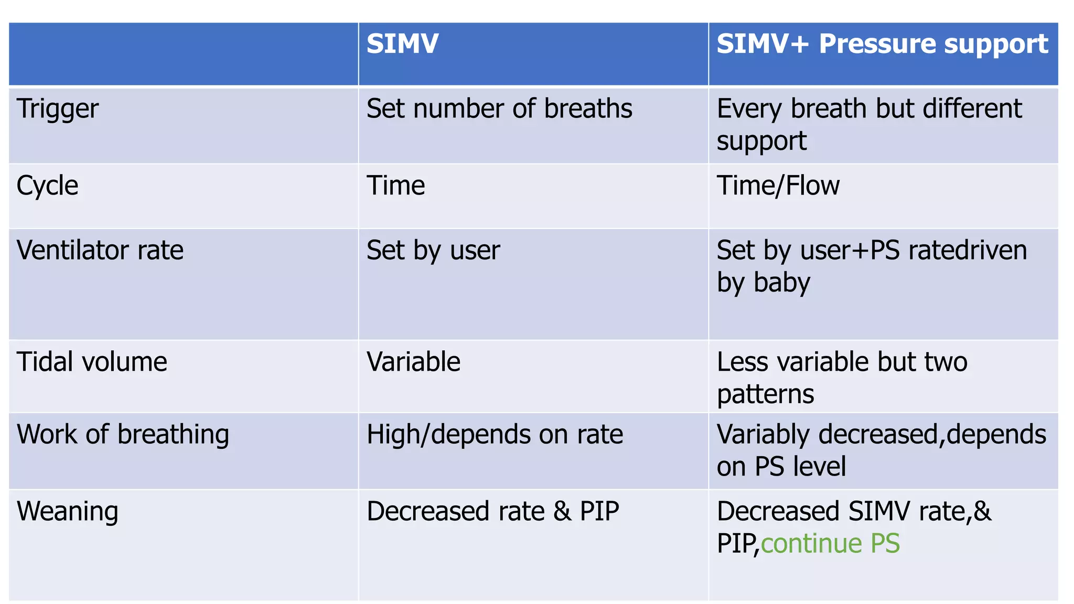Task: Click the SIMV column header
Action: coord(402,44)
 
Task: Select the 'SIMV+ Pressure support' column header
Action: coord(882,44)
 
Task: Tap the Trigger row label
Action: coord(58,109)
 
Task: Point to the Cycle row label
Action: coord(47,186)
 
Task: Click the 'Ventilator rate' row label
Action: coord(100,250)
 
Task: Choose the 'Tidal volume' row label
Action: coord(92,362)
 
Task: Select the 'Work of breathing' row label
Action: coord(123,435)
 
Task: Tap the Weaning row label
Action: coord(68,511)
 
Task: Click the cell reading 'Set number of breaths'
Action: coord(499,109)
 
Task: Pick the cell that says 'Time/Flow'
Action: coord(778,186)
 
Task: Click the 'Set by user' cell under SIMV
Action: coord(433,250)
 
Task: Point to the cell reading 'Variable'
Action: coord(413,362)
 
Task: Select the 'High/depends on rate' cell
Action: coord(495,435)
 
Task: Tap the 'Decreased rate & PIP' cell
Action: coord(493,511)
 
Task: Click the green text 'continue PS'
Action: coord(830,543)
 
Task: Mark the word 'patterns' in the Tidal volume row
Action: coord(765,394)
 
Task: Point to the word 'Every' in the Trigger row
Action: coord(749,109)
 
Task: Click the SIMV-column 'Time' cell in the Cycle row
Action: coord(395,186)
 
